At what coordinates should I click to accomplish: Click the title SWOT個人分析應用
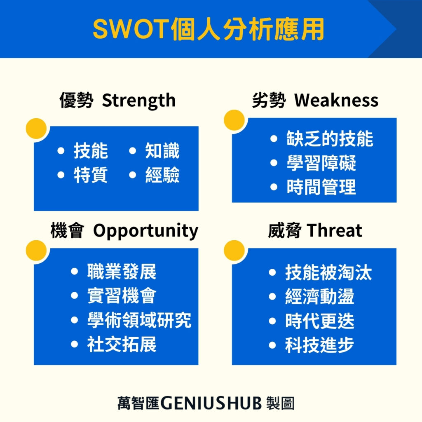(x=209, y=29)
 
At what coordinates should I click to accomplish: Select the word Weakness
(x=336, y=101)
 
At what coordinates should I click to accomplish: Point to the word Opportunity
(x=145, y=231)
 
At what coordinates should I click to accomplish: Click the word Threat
(x=335, y=231)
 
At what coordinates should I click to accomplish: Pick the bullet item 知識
(x=162, y=151)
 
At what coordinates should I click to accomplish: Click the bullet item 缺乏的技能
(x=330, y=139)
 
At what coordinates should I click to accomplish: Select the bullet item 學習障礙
(x=321, y=163)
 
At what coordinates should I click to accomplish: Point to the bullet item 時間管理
(x=321, y=188)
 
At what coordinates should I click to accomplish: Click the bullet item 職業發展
(x=122, y=272)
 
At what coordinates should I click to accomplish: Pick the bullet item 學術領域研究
(x=139, y=321)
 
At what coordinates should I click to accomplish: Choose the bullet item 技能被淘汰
(x=328, y=273)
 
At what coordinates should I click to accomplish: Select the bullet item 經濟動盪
(x=319, y=297)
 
